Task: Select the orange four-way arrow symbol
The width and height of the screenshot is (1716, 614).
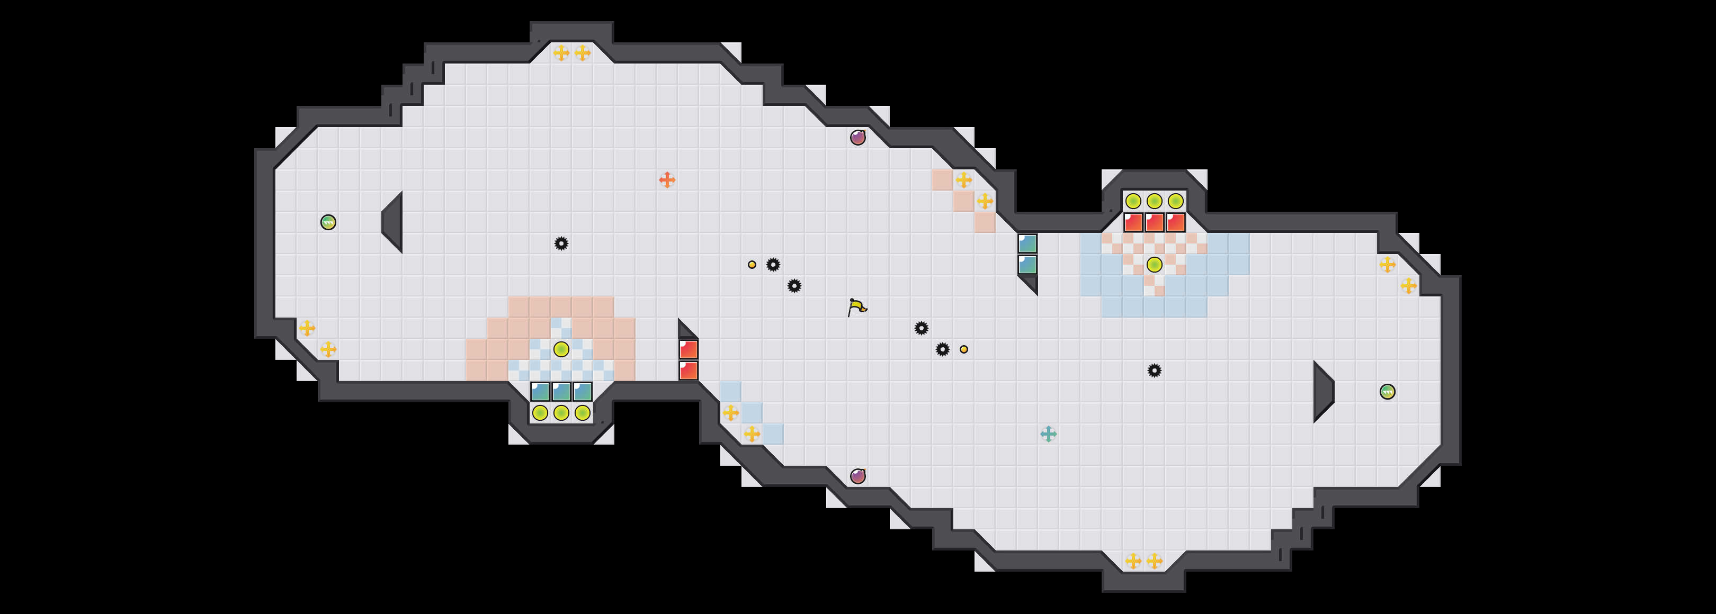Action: pos(667,180)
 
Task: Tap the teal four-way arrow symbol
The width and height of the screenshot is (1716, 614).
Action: pos(1048,434)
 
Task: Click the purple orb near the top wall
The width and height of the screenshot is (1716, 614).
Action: pos(858,137)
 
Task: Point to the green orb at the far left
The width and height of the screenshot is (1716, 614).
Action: pos(328,222)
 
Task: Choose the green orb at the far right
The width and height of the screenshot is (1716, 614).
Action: pos(1388,392)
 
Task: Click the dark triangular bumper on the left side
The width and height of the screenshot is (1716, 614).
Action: pos(394,222)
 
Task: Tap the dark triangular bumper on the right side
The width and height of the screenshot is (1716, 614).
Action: pos(1322,392)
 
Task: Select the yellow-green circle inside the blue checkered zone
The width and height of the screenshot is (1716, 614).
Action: pos(561,349)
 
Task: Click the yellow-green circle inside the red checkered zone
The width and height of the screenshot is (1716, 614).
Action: pos(1155,264)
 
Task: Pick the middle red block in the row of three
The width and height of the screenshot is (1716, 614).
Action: pos(1155,222)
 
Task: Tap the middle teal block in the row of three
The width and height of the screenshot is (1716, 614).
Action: pos(561,392)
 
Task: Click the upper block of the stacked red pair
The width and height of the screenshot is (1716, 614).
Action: pos(688,349)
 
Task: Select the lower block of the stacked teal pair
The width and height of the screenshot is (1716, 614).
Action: pos(1027,264)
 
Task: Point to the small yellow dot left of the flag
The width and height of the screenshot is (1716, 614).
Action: pos(752,264)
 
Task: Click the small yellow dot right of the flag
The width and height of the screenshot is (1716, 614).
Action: pos(964,349)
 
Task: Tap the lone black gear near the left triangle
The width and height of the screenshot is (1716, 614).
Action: pos(561,243)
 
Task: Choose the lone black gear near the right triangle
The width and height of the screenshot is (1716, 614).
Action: pos(1155,371)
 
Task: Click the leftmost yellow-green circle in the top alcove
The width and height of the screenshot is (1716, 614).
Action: pos(1133,201)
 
